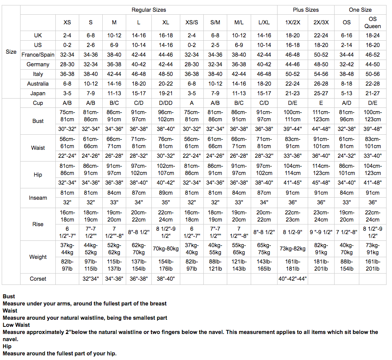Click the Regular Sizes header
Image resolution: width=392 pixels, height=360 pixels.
[x=149, y=10]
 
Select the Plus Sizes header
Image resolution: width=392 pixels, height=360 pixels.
[x=306, y=10]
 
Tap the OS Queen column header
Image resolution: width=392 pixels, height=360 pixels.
[x=373, y=22]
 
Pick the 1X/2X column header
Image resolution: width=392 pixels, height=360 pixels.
[x=292, y=22]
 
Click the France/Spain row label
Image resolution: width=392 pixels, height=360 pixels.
[x=38, y=55]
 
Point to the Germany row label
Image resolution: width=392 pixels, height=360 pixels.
[x=38, y=64]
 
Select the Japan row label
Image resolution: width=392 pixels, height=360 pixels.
[x=38, y=93]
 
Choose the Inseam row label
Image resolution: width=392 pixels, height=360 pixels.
[x=38, y=198]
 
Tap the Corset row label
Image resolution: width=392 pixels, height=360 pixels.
[x=38, y=279]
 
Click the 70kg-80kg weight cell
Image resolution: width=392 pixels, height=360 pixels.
[x=166, y=249]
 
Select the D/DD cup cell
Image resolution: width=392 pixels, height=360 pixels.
[x=166, y=103]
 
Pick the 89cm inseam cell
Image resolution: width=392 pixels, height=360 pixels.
[x=166, y=193]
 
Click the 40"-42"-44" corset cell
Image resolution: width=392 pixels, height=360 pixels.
[x=292, y=279]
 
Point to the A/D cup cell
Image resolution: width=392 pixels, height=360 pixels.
[x=347, y=103]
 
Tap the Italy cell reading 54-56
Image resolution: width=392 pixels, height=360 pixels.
[x=321, y=74]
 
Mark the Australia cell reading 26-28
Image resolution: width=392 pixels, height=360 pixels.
[x=321, y=83]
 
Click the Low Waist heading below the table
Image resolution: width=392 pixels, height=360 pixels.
[x=16, y=325]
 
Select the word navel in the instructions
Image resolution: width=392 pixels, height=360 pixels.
[x=10, y=339]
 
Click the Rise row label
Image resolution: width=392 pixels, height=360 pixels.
[x=38, y=224]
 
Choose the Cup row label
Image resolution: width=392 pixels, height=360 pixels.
[x=38, y=103]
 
